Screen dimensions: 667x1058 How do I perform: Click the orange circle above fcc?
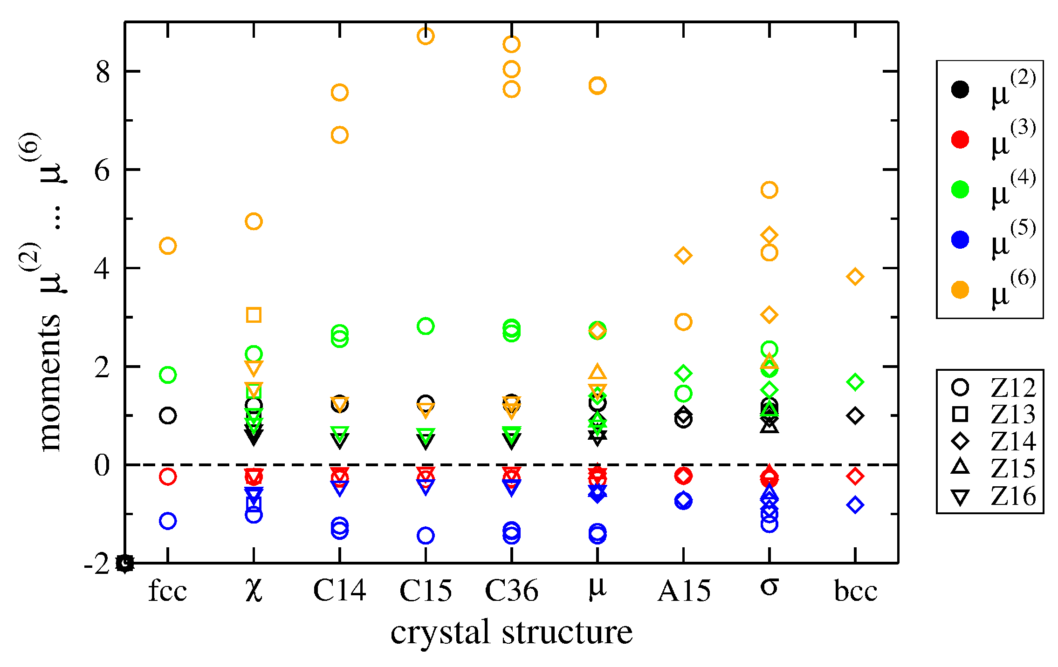[x=168, y=245]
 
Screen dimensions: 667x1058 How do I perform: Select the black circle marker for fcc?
[x=168, y=415]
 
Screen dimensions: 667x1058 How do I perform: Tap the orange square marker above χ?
[x=254, y=315]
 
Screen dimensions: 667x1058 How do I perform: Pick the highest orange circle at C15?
[x=426, y=36]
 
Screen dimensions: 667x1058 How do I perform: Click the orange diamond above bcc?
[x=855, y=277]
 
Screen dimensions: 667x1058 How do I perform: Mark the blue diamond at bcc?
[x=855, y=505]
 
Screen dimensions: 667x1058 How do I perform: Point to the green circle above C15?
[x=426, y=326]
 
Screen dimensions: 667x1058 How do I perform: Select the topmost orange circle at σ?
[x=769, y=190]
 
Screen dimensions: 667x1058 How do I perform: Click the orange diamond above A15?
[x=683, y=255]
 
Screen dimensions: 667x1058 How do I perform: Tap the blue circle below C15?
[x=426, y=536]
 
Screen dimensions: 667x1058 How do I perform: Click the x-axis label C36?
[x=511, y=591]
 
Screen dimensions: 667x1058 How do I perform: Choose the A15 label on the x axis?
[x=684, y=591]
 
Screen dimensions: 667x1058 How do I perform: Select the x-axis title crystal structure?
[x=511, y=633]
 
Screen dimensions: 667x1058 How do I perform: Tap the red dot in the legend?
[x=960, y=139]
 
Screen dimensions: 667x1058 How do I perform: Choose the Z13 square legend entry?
[x=960, y=414]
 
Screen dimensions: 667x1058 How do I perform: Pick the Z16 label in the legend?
[x=1013, y=497]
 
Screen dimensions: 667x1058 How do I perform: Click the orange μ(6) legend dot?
[x=960, y=290]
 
